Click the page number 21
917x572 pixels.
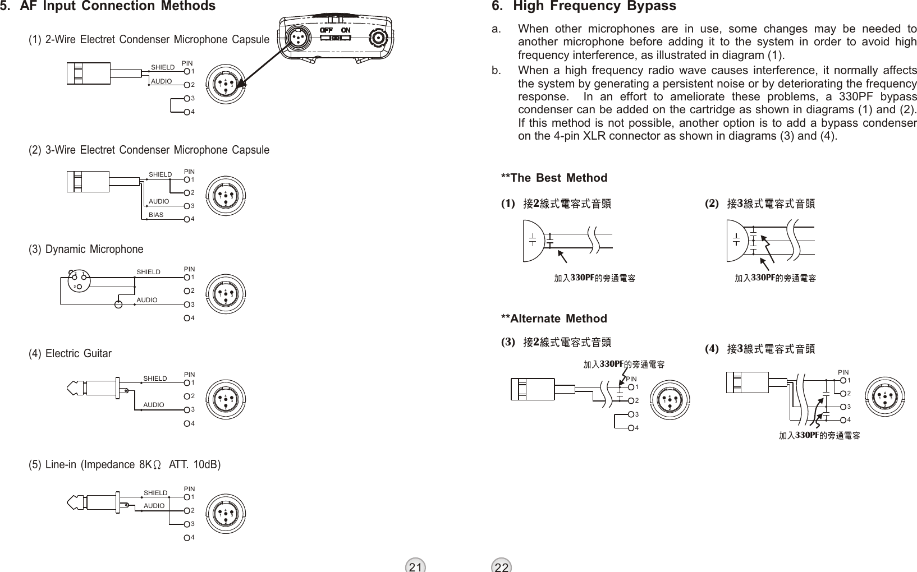(415, 566)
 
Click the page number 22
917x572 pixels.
(502, 566)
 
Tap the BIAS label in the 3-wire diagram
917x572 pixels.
(156, 215)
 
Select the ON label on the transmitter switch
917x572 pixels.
(346, 29)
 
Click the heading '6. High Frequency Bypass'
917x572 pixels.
(584, 7)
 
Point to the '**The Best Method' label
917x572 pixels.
(554, 178)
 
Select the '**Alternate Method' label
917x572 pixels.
(554, 319)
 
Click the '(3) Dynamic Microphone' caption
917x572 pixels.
(86, 249)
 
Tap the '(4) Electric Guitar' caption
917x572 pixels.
(70, 354)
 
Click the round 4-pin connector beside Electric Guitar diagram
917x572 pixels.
(226, 399)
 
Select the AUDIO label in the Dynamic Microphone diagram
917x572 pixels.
(148, 300)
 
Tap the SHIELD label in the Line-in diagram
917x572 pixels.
(155, 493)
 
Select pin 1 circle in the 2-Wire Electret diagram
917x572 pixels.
(187, 71)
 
